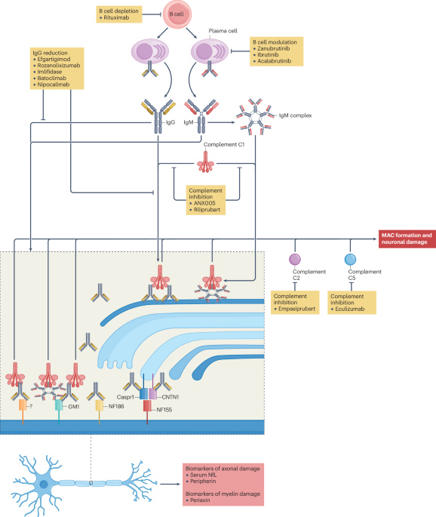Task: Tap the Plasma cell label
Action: click(223, 31)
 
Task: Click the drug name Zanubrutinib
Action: click(276, 49)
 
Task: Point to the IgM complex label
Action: click(294, 116)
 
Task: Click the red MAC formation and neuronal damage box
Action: click(407, 238)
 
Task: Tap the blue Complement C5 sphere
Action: click(350, 259)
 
